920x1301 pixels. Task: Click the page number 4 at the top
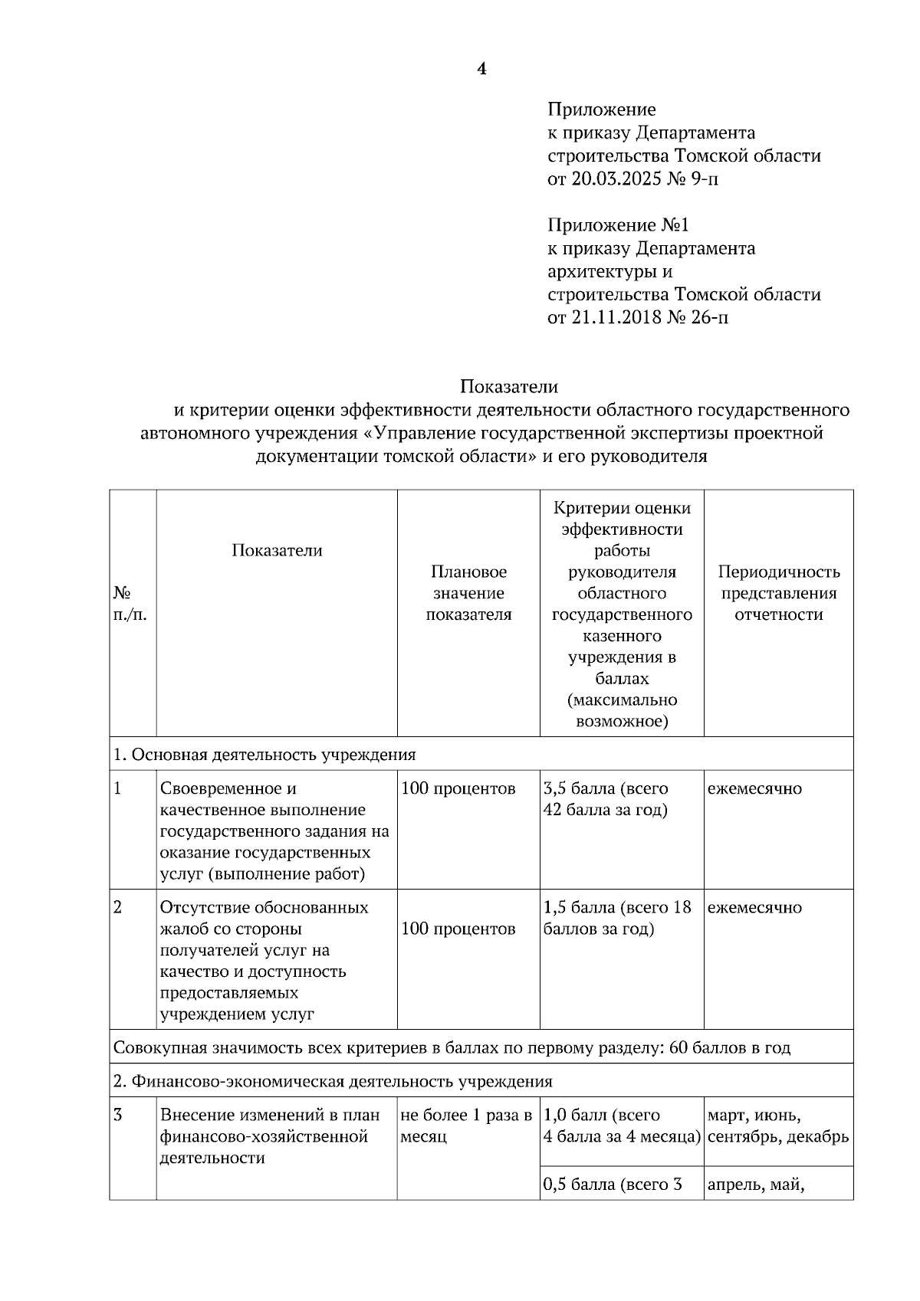pyautogui.click(x=481, y=70)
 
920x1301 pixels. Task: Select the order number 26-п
pyautogui.click(x=708, y=317)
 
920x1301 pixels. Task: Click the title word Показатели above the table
pyautogui.click(x=509, y=386)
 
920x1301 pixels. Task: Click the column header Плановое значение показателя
pyautogui.click(x=468, y=593)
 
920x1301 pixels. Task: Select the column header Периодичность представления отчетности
pyautogui.click(x=778, y=593)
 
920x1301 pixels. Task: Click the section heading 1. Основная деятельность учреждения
pyautogui.click(x=264, y=755)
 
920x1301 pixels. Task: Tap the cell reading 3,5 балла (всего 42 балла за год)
pyautogui.click(x=606, y=799)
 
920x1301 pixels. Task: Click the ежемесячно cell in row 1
pyautogui.click(x=754, y=788)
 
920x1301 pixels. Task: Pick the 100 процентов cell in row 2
pyautogui.click(x=458, y=929)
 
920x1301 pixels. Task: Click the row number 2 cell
pyautogui.click(x=118, y=907)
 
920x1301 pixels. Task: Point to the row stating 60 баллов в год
pyautogui.click(x=452, y=1047)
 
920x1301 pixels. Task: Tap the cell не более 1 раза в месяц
pyautogui.click(x=466, y=1126)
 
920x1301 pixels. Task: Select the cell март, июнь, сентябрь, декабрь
pyautogui.click(x=777, y=1126)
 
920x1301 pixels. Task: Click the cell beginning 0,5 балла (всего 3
pyautogui.click(x=613, y=1185)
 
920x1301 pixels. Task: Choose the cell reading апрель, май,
pyautogui.click(x=755, y=1185)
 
